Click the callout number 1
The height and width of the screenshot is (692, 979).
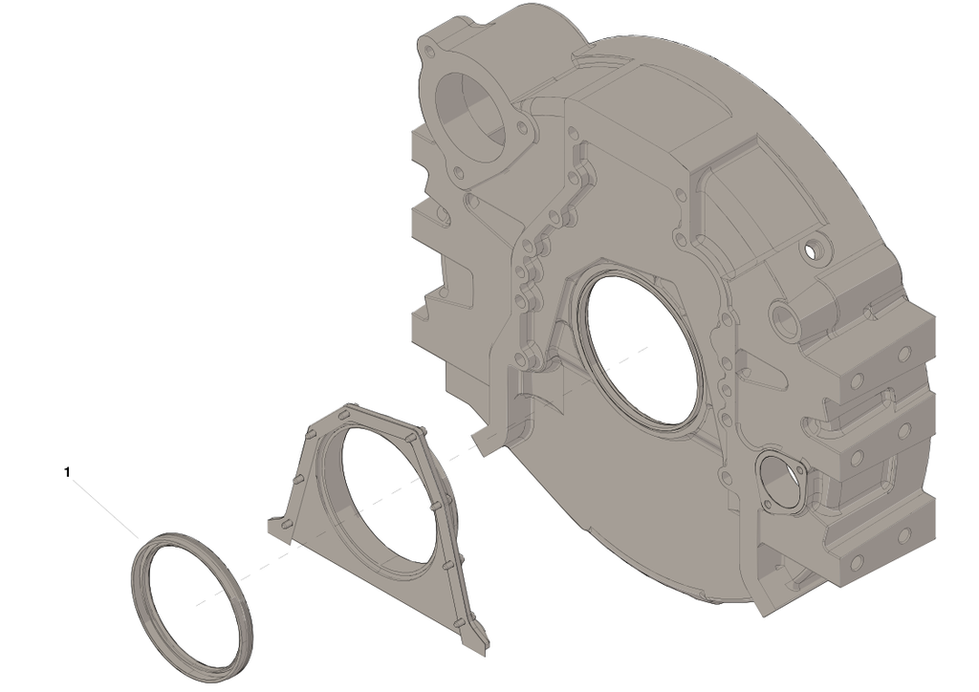[x=68, y=472]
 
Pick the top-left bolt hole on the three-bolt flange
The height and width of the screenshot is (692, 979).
[x=428, y=50]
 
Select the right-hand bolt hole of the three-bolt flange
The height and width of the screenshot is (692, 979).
[x=523, y=127]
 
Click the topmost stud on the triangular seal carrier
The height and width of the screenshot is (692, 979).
[x=345, y=414]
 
